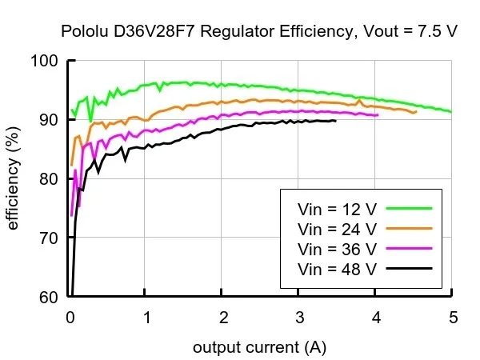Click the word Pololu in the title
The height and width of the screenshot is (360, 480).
tap(84, 33)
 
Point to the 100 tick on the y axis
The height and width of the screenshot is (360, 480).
tap(49, 61)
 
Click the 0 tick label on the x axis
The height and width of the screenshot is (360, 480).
tap(70, 317)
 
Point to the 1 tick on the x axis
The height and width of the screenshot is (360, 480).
tap(147, 317)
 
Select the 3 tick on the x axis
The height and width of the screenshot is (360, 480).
tap(299, 317)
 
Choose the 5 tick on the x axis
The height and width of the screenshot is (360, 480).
tap(453, 317)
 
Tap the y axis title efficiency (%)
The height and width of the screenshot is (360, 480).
tap(14, 179)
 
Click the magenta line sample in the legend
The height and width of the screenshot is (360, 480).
tap(409, 247)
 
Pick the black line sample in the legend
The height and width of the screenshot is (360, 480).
tap(409, 267)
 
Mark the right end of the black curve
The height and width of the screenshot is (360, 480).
tap(335, 121)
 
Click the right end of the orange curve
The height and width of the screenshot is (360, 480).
tap(416, 112)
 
